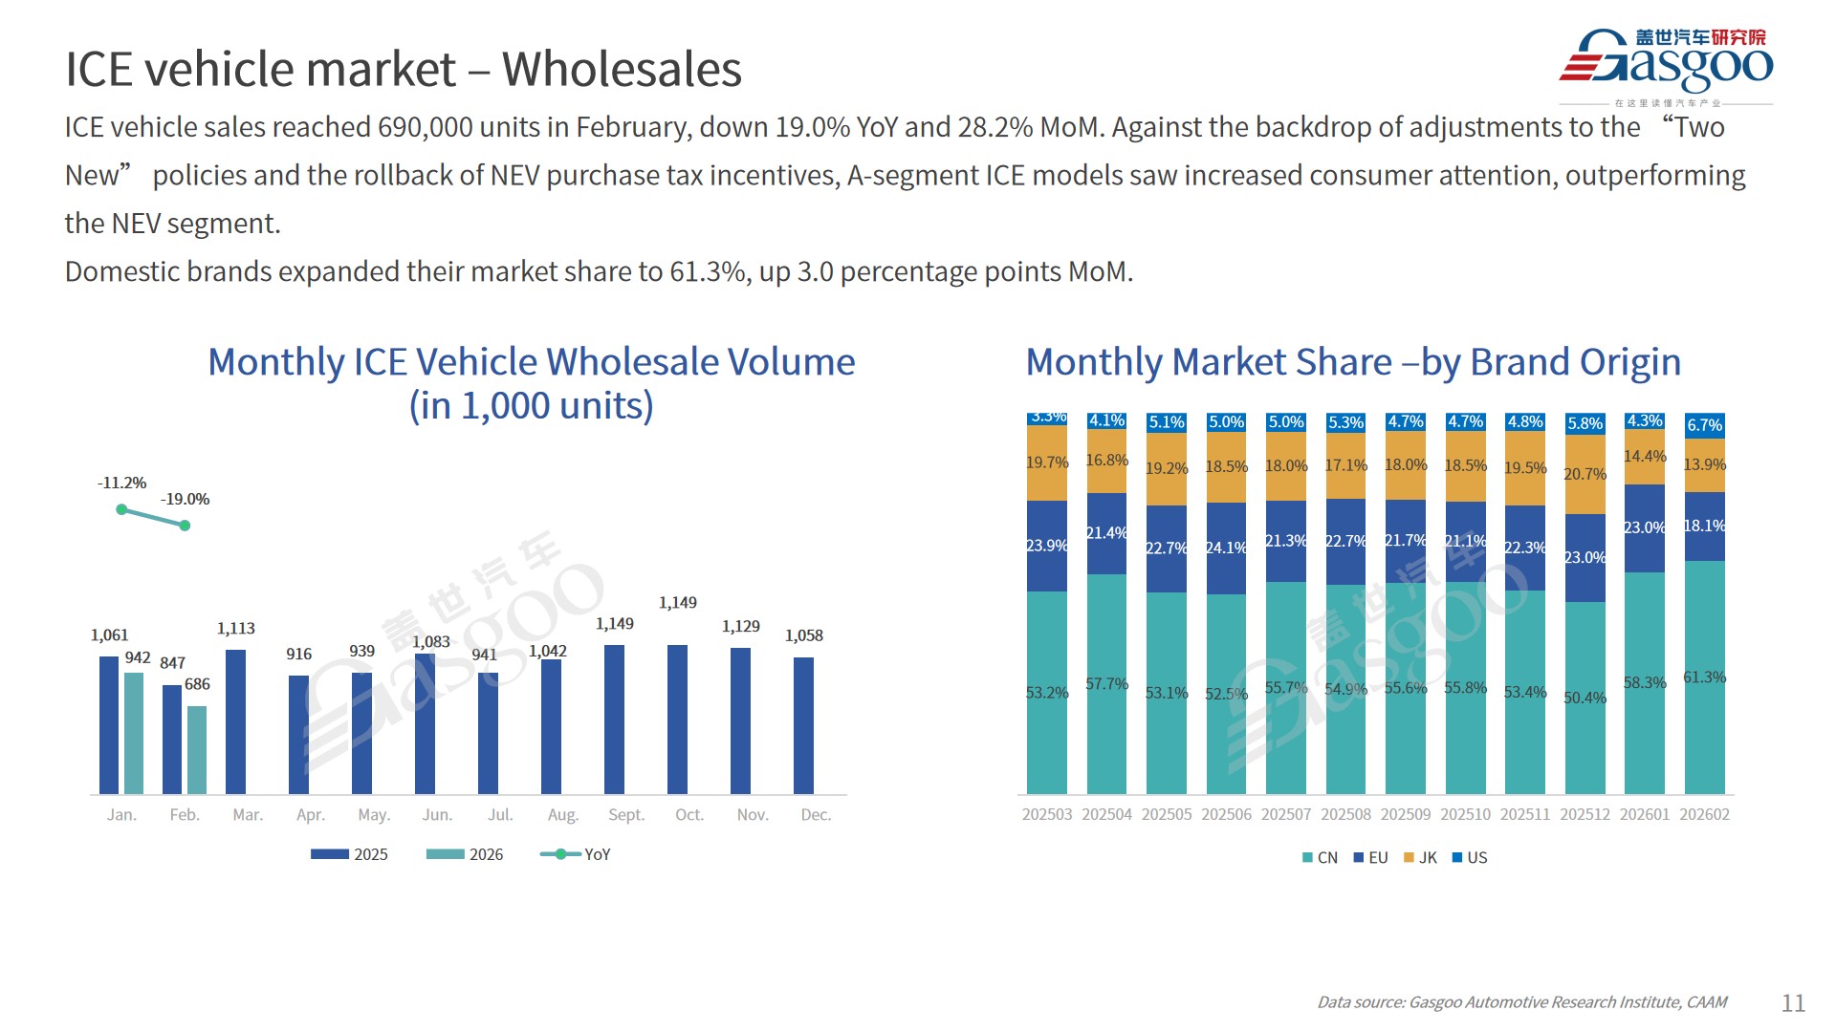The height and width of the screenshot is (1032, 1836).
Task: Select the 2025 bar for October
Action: pos(677,719)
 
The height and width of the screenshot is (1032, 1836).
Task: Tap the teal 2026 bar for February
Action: pos(197,749)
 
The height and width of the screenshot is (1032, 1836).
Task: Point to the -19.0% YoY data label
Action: pos(185,499)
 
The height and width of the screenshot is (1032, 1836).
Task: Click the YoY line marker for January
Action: pos(121,509)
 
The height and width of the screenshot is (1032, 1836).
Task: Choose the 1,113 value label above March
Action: pos(235,628)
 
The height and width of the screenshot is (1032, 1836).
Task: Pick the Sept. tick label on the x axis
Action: pos(626,814)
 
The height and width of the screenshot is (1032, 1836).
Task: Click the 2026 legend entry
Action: pos(466,854)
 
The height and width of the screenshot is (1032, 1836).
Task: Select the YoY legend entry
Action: pos(576,854)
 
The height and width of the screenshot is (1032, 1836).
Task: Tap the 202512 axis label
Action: pos(1585,814)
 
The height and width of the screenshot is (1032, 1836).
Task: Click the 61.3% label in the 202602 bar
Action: pos(1704,677)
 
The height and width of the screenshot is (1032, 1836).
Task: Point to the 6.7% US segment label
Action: pos(1704,425)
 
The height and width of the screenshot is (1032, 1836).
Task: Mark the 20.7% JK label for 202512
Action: pos(1585,474)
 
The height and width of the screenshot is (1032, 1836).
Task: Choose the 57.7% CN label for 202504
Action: pos(1106,684)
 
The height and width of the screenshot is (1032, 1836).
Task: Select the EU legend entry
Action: pos(1370,858)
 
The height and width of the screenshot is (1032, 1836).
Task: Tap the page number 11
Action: pos(1793,1002)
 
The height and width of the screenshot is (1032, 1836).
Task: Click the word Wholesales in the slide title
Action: pos(622,69)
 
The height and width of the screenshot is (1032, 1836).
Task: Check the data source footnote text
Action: pos(1521,1002)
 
